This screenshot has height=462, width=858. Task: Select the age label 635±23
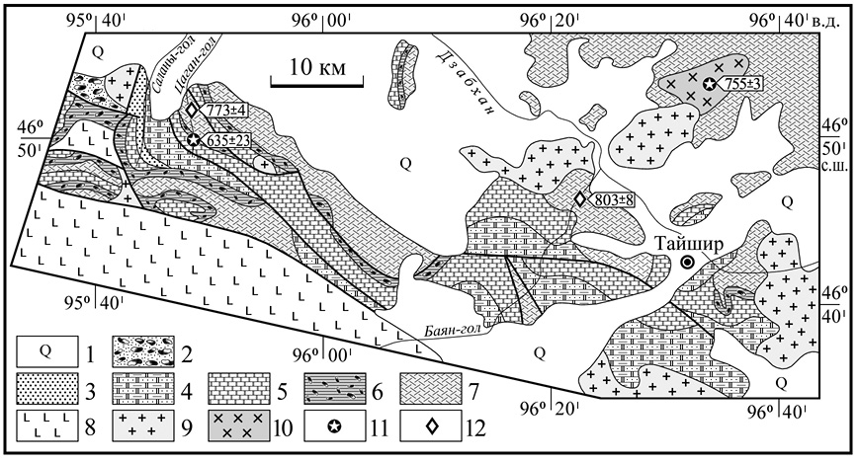[x=227, y=140]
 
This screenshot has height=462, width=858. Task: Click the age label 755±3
[x=740, y=84]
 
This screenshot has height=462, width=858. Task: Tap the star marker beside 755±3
[x=709, y=84]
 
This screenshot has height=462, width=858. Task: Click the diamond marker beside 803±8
[x=580, y=199]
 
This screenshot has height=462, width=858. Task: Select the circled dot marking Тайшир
[x=688, y=263]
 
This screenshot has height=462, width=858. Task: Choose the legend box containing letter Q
[x=45, y=351]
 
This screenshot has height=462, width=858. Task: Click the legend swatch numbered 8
[x=45, y=424]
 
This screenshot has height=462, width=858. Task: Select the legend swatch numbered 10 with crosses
[x=239, y=424]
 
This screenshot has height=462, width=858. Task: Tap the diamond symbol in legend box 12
[x=432, y=424]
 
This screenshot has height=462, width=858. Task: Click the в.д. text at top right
[x=830, y=21]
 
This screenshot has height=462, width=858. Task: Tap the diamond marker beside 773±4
[x=192, y=110]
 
